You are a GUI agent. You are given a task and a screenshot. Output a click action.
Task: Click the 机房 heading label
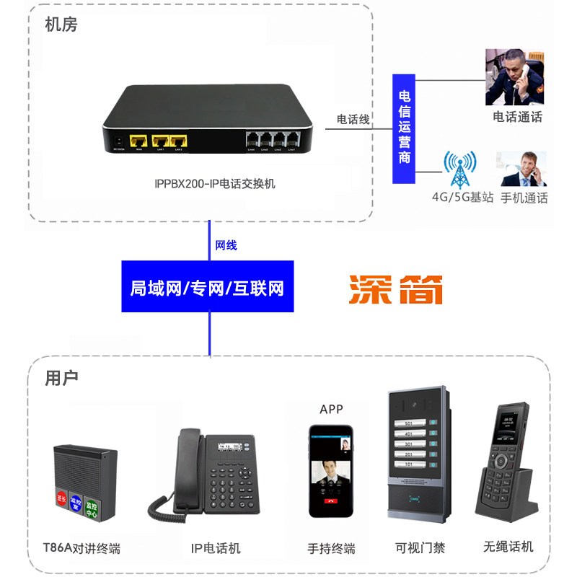coord(61,25)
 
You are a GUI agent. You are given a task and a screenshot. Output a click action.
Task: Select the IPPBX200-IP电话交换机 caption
coord(215,184)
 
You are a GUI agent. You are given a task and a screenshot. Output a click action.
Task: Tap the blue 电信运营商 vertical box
coord(405,128)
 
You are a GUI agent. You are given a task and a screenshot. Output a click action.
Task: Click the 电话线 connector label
coord(353,119)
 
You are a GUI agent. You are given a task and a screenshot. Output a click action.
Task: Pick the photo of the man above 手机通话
coord(524,169)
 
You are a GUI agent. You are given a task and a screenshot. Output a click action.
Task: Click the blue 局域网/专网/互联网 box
coord(208,288)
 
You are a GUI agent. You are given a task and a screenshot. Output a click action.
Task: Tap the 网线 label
coord(226,245)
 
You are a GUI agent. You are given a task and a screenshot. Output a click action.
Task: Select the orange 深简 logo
coord(395,289)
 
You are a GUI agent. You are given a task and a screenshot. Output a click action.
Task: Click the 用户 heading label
coord(61,378)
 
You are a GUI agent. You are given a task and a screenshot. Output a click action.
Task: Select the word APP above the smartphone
coord(331,410)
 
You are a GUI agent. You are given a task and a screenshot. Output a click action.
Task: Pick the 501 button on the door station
coord(409,423)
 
